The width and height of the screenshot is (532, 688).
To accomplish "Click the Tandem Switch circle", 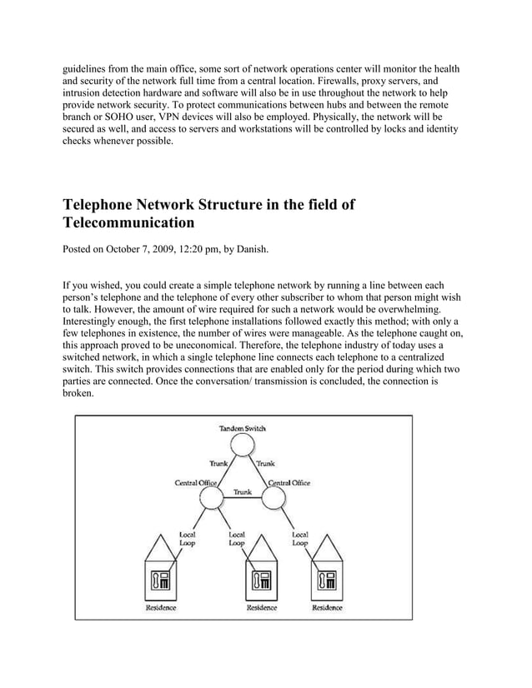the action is pyautogui.click(x=243, y=446).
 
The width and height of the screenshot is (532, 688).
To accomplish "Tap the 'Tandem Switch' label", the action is pyautogui.click(x=243, y=428).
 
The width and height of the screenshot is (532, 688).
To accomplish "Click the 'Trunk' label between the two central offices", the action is pyautogui.click(x=243, y=491).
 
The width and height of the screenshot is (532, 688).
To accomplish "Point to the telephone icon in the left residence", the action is pyautogui.click(x=160, y=581).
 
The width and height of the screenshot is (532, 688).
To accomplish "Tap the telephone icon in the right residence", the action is pyautogui.click(x=326, y=581).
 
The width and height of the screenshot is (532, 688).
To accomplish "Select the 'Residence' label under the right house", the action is pyautogui.click(x=327, y=608).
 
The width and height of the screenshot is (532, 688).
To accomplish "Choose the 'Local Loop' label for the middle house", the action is pyautogui.click(x=237, y=537).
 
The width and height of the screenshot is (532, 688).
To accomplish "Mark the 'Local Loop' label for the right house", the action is pyautogui.click(x=300, y=537).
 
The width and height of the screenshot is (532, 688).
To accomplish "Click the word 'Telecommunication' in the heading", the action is pyautogui.click(x=128, y=223).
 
